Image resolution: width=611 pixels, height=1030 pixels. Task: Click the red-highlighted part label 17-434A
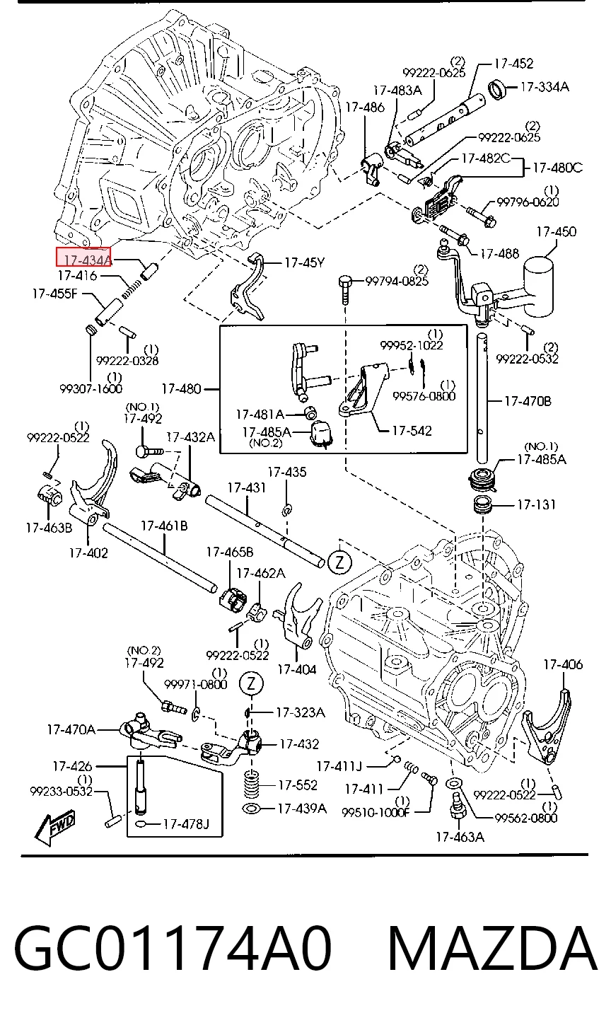point(83,257)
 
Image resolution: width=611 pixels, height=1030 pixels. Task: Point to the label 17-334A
point(545,86)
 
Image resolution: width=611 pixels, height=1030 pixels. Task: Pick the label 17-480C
point(558,168)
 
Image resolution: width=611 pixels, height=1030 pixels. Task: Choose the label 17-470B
point(528,401)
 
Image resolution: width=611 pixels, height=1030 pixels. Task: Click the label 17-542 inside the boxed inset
point(412,431)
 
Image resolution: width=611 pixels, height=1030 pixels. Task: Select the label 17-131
point(537,505)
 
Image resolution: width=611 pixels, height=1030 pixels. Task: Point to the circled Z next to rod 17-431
point(339,562)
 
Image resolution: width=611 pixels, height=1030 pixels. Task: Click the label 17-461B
point(164,526)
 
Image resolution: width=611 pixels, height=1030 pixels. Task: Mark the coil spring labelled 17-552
point(251,785)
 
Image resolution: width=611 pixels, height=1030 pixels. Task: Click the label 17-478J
point(186,823)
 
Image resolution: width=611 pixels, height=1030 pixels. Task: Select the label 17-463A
point(460,837)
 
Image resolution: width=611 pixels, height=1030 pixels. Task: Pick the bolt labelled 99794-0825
point(345,289)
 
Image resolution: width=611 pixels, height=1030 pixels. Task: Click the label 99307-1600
point(91,388)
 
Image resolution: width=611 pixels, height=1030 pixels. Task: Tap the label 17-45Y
point(304,262)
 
